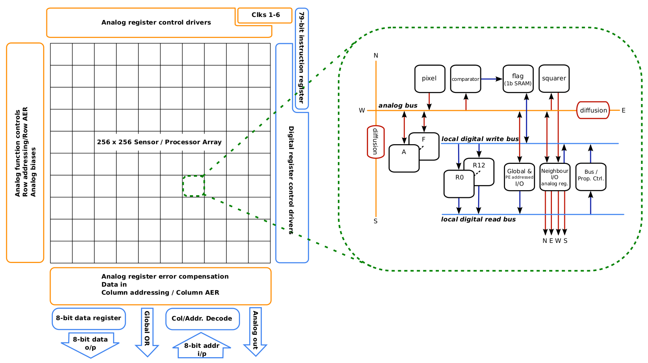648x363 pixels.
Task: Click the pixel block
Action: point(429,79)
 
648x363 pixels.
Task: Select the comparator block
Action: point(465,79)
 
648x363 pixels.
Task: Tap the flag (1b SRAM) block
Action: point(518,79)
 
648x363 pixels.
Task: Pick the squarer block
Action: point(554,79)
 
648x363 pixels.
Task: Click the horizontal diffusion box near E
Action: point(593,110)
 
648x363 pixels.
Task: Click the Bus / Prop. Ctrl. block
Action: point(590,177)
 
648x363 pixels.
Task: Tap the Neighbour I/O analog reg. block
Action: point(555,177)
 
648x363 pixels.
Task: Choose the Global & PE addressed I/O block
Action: point(519,177)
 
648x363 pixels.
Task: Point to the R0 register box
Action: point(459,183)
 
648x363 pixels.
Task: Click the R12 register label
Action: point(479,165)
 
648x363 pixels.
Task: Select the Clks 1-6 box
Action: point(265,15)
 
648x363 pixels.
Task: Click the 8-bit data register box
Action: point(88,318)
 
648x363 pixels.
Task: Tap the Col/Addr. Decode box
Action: point(202,319)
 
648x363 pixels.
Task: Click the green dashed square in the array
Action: point(194,186)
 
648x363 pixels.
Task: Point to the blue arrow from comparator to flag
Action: point(491,79)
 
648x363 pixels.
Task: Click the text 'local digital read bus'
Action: point(478,219)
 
